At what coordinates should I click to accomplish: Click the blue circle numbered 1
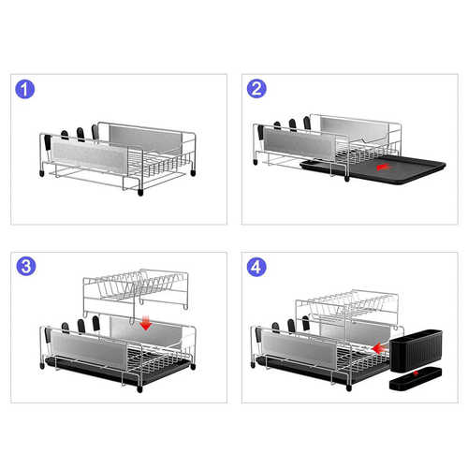coord(24,90)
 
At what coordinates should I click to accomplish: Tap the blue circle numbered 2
coord(256,89)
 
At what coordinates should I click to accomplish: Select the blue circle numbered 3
coord(26,266)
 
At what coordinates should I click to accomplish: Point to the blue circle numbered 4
coord(256,267)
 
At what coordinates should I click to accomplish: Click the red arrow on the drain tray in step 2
coord(383,168)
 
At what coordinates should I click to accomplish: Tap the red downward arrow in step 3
coord(146,323)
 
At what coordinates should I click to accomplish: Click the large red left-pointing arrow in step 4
coord(380,348)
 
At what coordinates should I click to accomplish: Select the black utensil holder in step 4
coord(416,351)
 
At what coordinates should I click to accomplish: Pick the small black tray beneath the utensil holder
coord(416,379)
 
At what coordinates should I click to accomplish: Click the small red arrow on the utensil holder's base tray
coord(416,373)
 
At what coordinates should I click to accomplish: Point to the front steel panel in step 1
coord(89,156)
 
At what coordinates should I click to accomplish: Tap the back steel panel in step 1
coord(145,139)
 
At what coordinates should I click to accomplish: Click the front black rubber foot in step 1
coord(140,192)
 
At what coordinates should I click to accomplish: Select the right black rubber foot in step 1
coord(193,172)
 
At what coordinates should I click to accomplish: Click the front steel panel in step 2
coord(300,143)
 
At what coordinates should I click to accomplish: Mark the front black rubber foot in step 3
coord(139,388)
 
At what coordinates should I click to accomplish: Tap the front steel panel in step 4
coord(299,347)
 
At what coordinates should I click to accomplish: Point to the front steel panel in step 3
coord(89,350)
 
